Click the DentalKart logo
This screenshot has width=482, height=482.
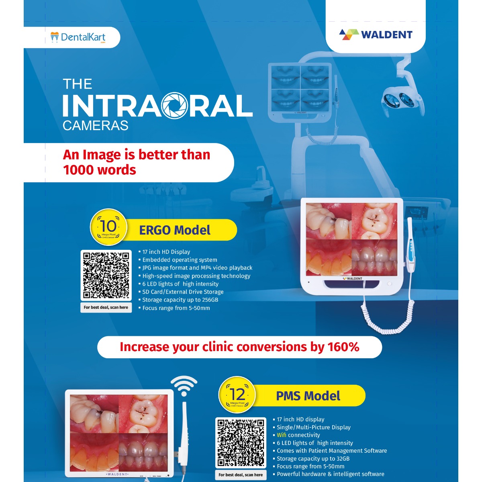coord(78,37)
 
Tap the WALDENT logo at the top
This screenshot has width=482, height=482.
coord(376,35)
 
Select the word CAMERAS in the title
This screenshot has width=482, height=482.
coord(95,126)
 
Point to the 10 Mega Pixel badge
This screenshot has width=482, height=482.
coord(108,227)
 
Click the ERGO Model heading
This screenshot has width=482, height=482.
coord(175,230)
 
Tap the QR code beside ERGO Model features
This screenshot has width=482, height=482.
coord(106,276)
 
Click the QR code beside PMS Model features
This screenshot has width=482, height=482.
coord(241,443)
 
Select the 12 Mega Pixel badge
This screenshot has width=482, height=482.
coord(237,395)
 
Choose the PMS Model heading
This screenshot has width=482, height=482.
coord(308,396)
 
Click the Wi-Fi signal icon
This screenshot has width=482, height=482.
coord(184,386)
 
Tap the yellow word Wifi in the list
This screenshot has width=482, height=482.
coord(282,435)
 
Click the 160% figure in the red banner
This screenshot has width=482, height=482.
coord(343,347)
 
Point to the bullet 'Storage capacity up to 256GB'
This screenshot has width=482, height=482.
coord(180,300)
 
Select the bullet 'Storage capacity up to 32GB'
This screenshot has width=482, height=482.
coord(313,459)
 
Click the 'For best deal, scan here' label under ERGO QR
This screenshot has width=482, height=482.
coord(106,308)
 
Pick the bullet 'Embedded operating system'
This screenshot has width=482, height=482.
coord(180,260)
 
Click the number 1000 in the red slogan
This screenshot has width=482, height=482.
coord(80,170)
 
